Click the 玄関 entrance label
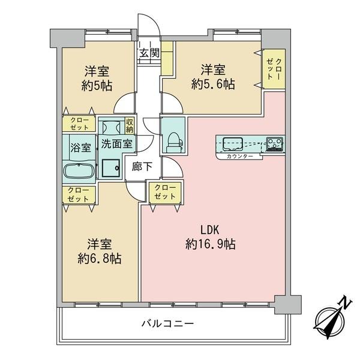[x=149, y=53]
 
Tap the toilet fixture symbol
[x=174, y=142]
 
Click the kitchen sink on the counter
[x=233, y=144]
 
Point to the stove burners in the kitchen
[x=275, y=144]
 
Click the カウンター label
[x=239, y=157]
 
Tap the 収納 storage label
[x=130, y=125]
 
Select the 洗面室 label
[x=116, y=144]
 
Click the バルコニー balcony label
[x=167, y=324]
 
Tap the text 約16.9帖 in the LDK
[x=211, y=244]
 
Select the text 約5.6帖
[x=213, y=84]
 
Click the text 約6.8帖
[x=100, y=259]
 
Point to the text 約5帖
[x=97, y=86]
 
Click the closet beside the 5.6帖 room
[x=274, y=68]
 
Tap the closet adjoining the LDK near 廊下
[x=165, y=193]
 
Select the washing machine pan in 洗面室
[x=110, y=168]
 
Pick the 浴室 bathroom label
[x=80, y=148]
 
